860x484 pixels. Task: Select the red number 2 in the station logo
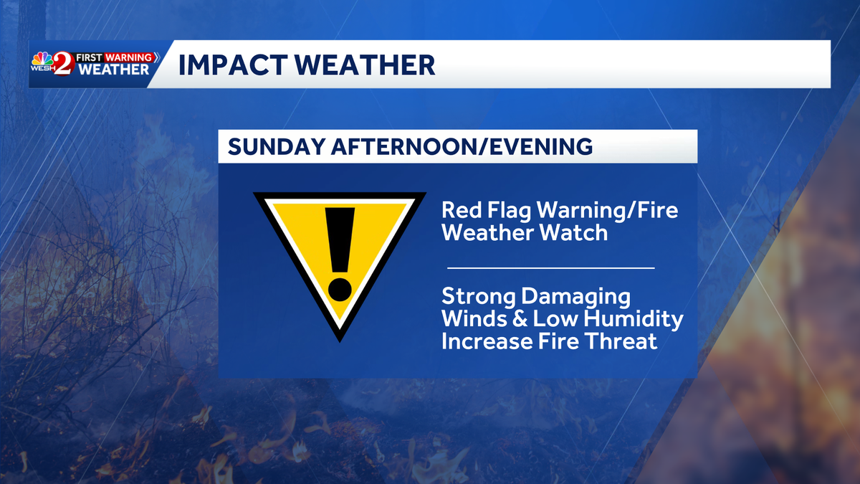[x=62, y=65]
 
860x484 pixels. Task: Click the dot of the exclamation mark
[x=340, y=288]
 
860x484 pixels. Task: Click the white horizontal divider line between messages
[x=550, y=267]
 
